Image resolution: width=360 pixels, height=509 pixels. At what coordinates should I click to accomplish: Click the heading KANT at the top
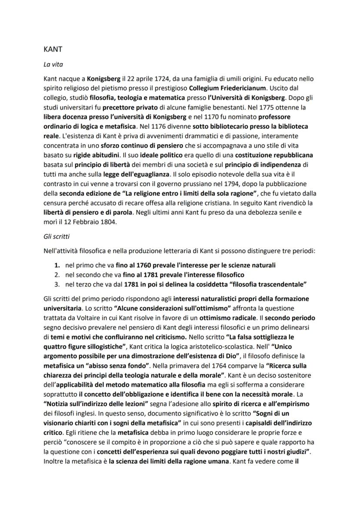[53, 50]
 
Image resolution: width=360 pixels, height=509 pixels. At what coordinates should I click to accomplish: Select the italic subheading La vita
[53, 64]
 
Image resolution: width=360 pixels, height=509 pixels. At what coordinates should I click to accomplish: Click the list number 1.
[57, 265]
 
